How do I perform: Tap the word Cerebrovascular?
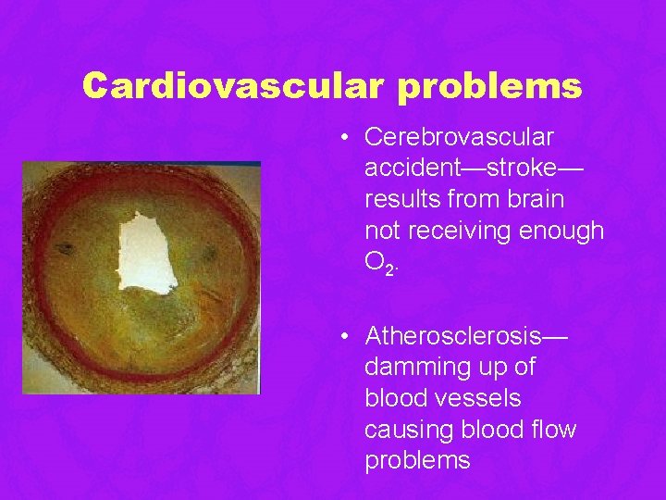click(x=459, y=137)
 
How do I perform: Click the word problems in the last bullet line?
click(x=417, y=461)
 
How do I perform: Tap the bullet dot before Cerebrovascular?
click(x=343, y=138)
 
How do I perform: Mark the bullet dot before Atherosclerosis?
click(x=343, y=335)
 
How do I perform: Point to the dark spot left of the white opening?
click(x=65, y=248)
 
